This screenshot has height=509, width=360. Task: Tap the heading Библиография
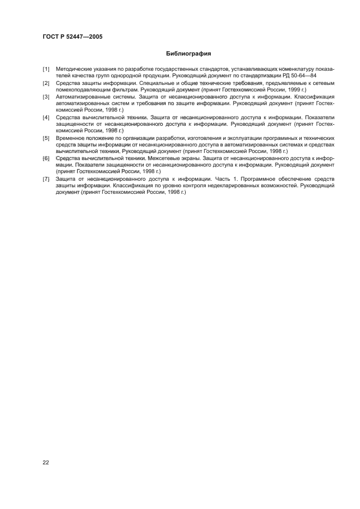188,54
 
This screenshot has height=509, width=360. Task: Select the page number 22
46,462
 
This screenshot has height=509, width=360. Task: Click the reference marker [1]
46,69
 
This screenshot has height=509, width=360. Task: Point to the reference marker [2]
46,83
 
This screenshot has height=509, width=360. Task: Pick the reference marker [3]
46,97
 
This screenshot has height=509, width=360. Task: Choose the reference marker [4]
46,117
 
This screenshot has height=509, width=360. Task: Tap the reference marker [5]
46,138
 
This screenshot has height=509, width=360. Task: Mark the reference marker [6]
46,158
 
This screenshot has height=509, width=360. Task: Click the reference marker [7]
46,179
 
